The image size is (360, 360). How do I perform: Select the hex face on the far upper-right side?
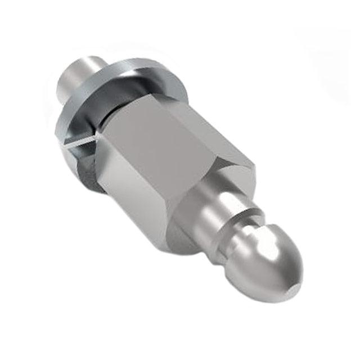pyautogui.click(x=219, y=124)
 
